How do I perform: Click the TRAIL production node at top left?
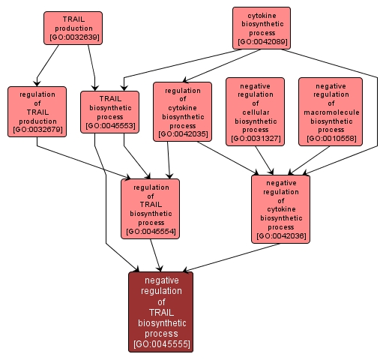point(73,28)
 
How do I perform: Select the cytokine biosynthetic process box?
point(261,27)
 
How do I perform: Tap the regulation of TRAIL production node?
point(37,111)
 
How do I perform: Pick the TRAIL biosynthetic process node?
point(110,111)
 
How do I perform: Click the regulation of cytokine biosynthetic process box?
point(182,111)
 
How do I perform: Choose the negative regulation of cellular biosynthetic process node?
point(255,111)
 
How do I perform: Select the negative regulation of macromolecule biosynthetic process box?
point(330,111)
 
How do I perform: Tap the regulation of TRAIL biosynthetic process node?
point(150,208)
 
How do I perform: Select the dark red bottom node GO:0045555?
point(161,311)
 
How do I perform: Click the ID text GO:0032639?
point(73,37)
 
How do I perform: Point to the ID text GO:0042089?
point(261,41)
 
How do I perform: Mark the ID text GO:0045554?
point(150,232)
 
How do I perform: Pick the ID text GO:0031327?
point(255,138)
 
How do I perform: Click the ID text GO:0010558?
point(330,138)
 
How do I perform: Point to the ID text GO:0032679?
point(37,130)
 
